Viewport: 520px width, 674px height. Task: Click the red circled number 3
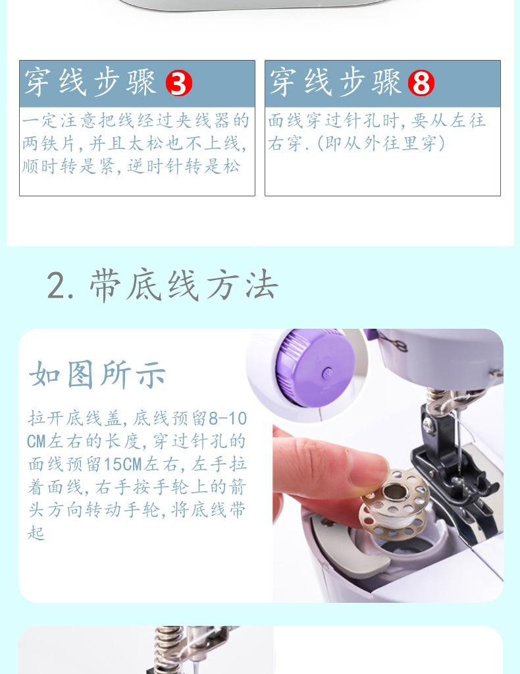click(178, 83)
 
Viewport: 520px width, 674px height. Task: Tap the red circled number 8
click(421, 83)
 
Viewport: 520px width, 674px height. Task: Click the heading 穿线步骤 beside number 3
click(90, 82)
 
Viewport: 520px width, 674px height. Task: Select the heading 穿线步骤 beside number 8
click(335, 82)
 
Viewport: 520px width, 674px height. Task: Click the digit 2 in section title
click(57, 285)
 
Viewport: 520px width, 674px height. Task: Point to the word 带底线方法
click(184, 285)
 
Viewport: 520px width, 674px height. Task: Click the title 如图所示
click(97, 375)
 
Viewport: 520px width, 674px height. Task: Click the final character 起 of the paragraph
click(36, 532)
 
